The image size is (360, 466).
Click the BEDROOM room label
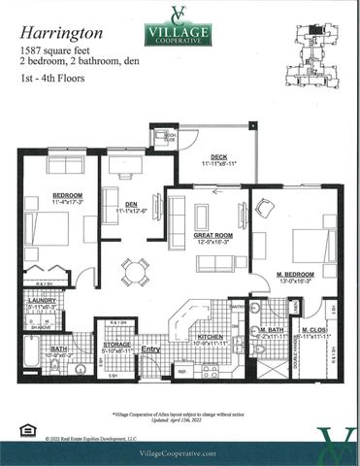[x=66, y=196]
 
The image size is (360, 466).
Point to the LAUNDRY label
[x=43, y=302]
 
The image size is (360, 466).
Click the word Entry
[x=149, y=349]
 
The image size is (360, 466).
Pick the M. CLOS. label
[x=314, y=331]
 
